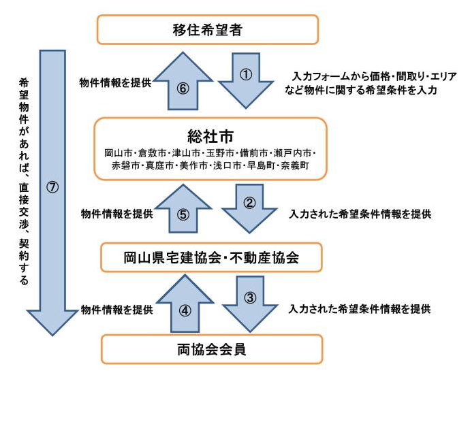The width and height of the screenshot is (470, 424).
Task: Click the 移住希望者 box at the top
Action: tap(208, 30)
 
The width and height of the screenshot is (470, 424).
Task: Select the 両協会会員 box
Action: tap(212, 350)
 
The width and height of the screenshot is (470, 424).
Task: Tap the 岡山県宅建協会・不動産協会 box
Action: tap(212, 258)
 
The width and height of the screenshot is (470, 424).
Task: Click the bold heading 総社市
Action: tap(210, 133)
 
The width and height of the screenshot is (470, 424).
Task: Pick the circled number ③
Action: tap(249, 297)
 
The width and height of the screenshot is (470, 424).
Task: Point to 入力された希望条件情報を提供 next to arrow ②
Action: tap(360, 214)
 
